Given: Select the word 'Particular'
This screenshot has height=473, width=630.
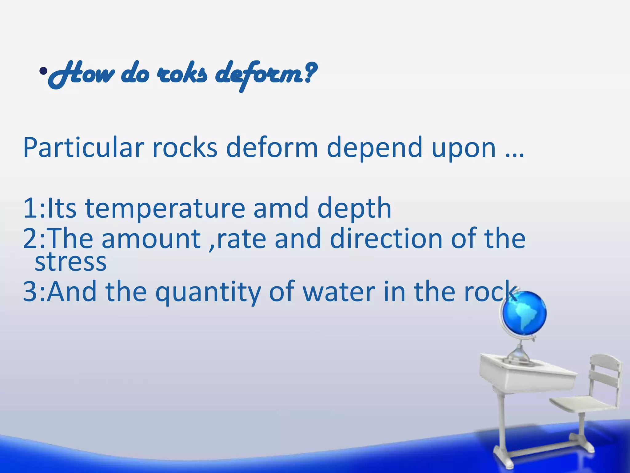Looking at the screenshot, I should coord(83,148).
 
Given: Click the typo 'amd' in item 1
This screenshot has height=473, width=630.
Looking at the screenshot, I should coord(281,208).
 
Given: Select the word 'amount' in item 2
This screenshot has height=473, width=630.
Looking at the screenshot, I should coord(151,239).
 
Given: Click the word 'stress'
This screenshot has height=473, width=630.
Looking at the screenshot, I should coord(70,262).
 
